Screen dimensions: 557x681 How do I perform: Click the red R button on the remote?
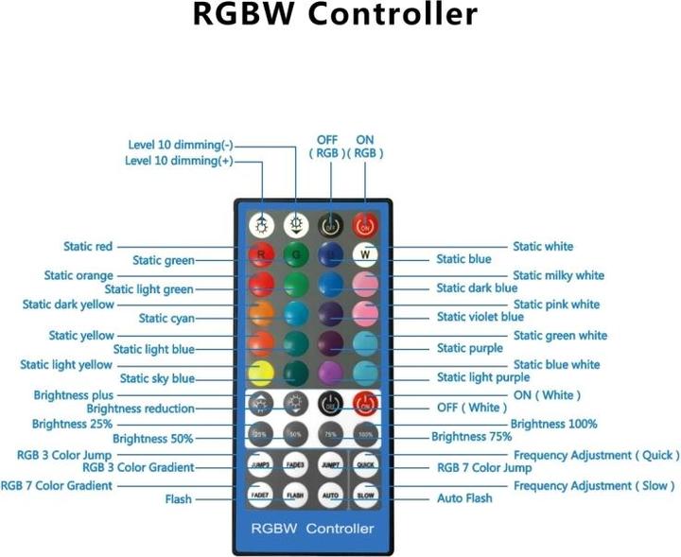click(261, 254)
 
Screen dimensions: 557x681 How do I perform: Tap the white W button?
click(364, 254)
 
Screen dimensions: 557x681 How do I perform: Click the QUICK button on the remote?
click(364, 464)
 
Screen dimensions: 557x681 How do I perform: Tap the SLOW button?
click(364, 494)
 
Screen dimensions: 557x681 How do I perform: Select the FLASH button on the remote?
click(295, 494)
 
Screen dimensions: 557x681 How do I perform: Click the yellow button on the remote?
click(261, 373)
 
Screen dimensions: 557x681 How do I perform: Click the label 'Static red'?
click(88, 247)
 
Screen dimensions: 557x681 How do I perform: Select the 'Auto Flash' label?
click(464, 497)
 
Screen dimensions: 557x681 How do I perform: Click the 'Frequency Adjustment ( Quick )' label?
click(596, 455)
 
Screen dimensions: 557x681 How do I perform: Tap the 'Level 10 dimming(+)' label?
click(179, 161)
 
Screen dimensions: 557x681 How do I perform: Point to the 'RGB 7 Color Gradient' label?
click(57, 485)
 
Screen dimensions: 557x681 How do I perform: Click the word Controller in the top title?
click(396, 15)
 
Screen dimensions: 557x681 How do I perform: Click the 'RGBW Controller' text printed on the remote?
click(312, 528)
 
